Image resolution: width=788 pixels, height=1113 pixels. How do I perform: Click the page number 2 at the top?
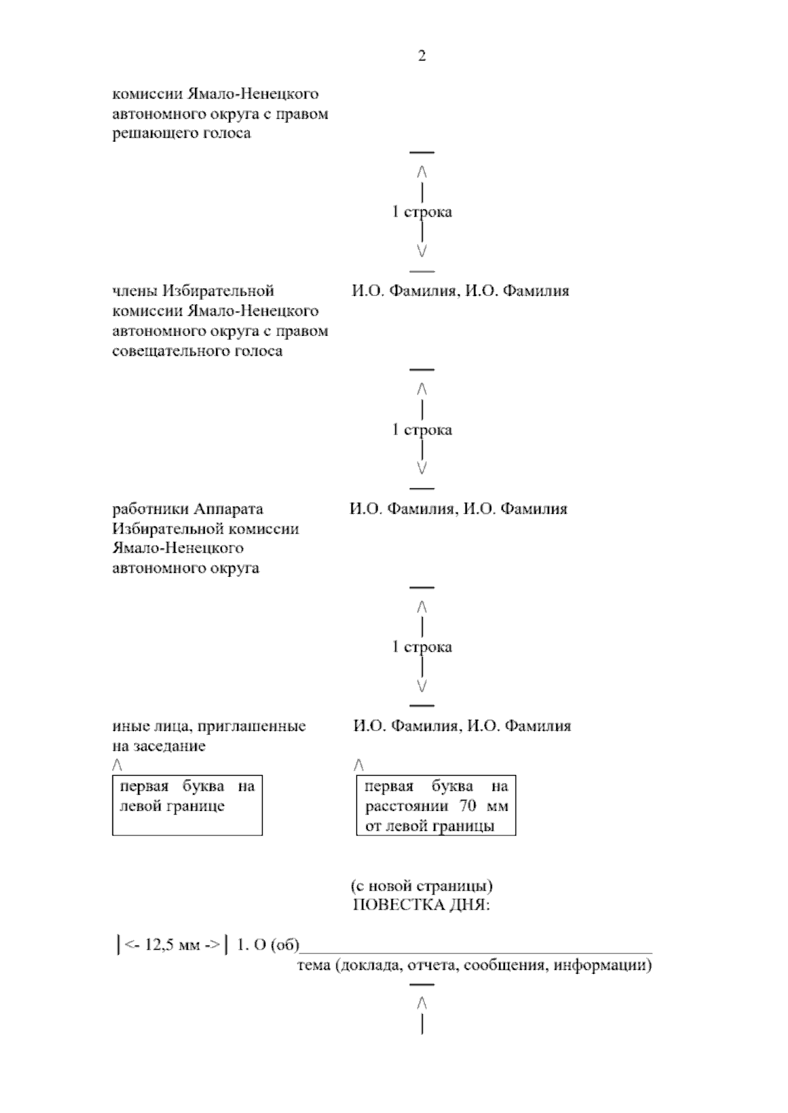point(422,56)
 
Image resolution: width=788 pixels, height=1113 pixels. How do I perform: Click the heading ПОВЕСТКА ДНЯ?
point(422,906)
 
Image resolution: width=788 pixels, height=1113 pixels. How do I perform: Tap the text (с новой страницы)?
point(422,886)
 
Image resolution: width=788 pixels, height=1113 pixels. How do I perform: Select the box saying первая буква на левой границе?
point(187,804)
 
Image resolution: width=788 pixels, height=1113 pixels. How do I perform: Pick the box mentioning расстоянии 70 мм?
point(436,805)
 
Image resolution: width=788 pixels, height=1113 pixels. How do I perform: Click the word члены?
point(135,291)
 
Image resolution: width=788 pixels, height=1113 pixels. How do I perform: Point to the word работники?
point(151,509)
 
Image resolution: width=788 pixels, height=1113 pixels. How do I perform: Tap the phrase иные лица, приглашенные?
point(209,726)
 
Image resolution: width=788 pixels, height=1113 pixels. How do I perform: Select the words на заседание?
point(159,746)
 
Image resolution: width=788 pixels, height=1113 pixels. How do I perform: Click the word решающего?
point(155,133)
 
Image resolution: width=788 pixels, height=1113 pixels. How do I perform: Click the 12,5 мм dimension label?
point(173,946)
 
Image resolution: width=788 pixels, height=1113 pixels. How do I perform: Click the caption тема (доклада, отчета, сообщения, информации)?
point(474,965)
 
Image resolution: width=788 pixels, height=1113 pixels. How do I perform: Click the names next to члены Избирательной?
point(460,291)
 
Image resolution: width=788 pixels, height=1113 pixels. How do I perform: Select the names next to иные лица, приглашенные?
point(462,726)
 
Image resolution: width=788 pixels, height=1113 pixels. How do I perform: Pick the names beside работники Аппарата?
point(458,509)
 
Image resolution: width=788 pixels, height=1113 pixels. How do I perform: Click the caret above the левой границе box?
point(117,765)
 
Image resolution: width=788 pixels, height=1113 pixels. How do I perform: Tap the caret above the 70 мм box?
point(358,765)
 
